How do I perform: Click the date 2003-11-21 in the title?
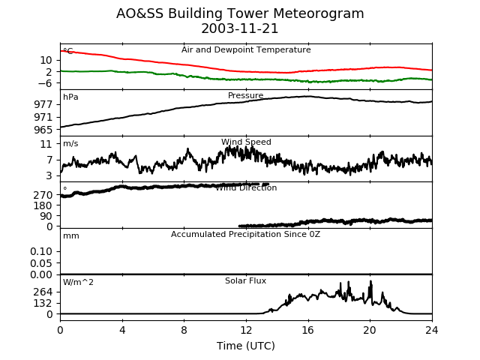pos(240,28)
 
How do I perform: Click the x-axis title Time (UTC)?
pos(246,346)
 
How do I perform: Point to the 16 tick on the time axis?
pos(308,330)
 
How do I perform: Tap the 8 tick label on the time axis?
pos(184,330)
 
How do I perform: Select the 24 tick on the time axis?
pos(432,330)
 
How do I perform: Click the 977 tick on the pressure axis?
pos(43,105)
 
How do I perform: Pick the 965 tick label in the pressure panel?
pos(43,130)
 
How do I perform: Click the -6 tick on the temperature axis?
pos(45,83)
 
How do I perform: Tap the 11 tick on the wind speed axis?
pos(46,144)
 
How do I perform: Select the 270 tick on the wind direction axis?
pos(43,195)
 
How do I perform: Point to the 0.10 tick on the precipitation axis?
pos(41,252)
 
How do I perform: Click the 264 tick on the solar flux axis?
pos(43,292)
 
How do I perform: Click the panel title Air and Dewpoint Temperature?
pos(246,50)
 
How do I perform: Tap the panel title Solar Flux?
pos(245,280)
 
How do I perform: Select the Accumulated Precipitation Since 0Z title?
pos(245,235)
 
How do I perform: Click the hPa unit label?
pos(70,97)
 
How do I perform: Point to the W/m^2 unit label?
pos(78,282)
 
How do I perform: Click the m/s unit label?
pos(70,143)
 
